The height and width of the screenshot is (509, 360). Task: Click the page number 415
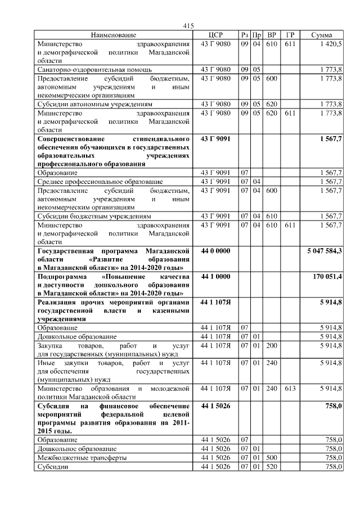pyautogui.click(x=188, y=26)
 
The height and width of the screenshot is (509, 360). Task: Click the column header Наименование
pyautogui.click(x=114, y=35)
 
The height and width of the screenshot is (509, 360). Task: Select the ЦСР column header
pyautogui.click(x=216, y=35)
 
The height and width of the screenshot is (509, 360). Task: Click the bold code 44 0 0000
pyautogui.click(x=215, y=250)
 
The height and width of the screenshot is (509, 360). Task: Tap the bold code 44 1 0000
pyautogui.click(x=215, y=277)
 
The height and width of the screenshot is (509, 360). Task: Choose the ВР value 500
pyautogui.click(x=272, y=458)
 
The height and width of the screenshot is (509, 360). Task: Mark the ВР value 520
pyautogui.click(x=272, y=467)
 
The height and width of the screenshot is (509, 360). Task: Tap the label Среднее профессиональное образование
pyautogui.click(x=100, y=182)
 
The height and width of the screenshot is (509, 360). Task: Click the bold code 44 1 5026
pyautogui.click(x=215, y=406)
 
